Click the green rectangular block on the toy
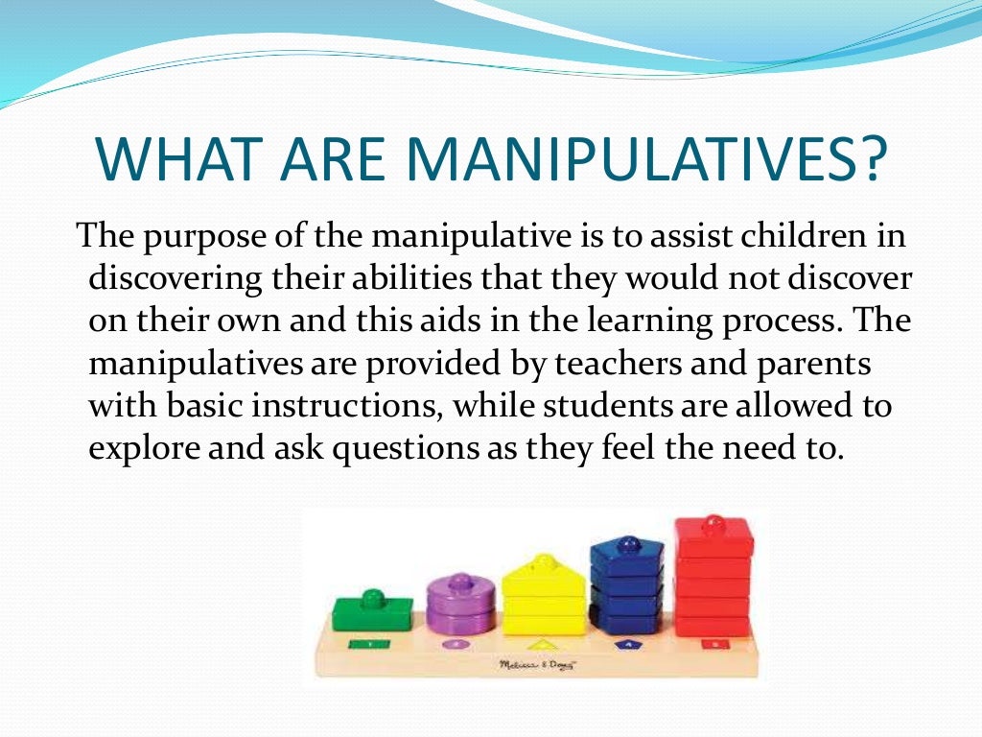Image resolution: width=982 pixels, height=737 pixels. click(x=372, y=612)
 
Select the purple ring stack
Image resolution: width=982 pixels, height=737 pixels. click(x=461, y=606)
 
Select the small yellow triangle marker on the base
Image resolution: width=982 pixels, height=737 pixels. click(x=544, y=645)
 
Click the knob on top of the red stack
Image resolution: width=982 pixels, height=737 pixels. click(x=713, y=523)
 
